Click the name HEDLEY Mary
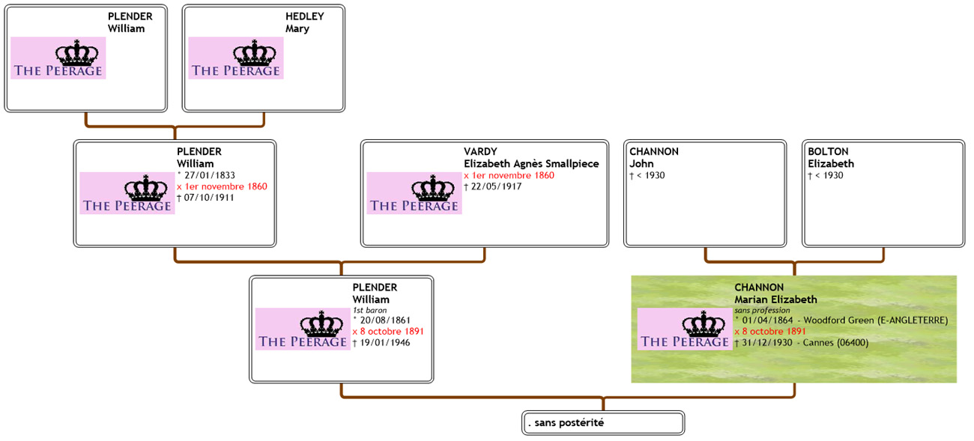(x=304, y=22)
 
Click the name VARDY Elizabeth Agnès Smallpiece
(x=530, y=158)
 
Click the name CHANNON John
(x=653, y=158)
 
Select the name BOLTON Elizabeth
(x=830, y=158)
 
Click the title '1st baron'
(x=369, y=310)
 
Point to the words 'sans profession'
(x=762, y=310)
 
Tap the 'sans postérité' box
(x=603, y=423)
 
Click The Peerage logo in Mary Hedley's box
(x=236, y=58)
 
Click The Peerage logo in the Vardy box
(x=414, y=193)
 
